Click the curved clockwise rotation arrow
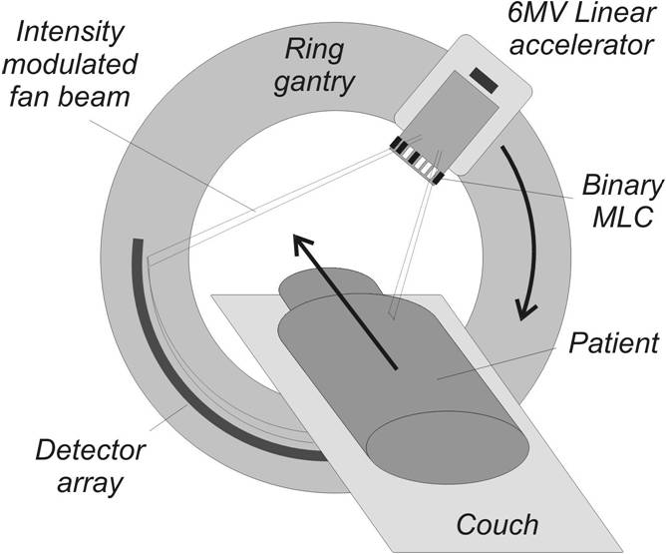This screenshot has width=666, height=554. (526, 229)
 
